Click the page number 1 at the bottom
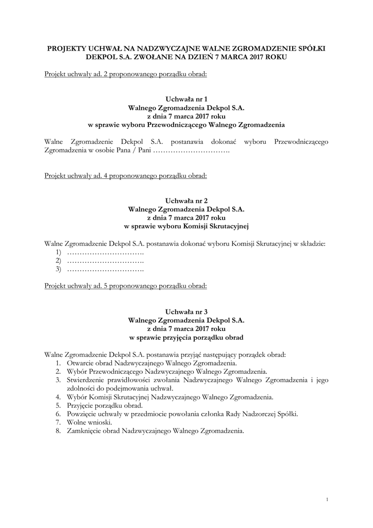tap(328, 499)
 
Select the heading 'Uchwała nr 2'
tap(186, 201)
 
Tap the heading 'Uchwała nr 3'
tap(186, 311)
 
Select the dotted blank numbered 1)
tap(105, 252)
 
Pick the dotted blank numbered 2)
tap(105, 260)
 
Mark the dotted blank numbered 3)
tap(105, 269)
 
